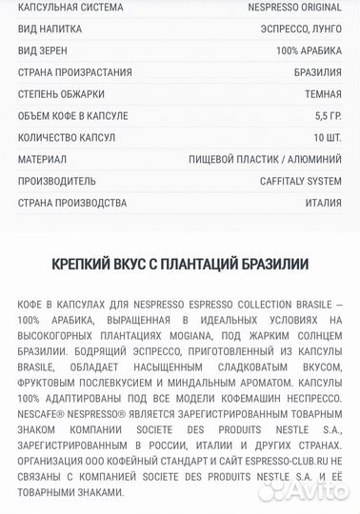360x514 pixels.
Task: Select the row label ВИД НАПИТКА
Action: pos(50,29)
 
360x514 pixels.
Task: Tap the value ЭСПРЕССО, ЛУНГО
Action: pos(303,29)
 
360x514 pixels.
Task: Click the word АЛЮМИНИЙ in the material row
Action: pos(314,160)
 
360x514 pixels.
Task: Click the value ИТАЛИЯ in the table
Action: pos(322,203)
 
